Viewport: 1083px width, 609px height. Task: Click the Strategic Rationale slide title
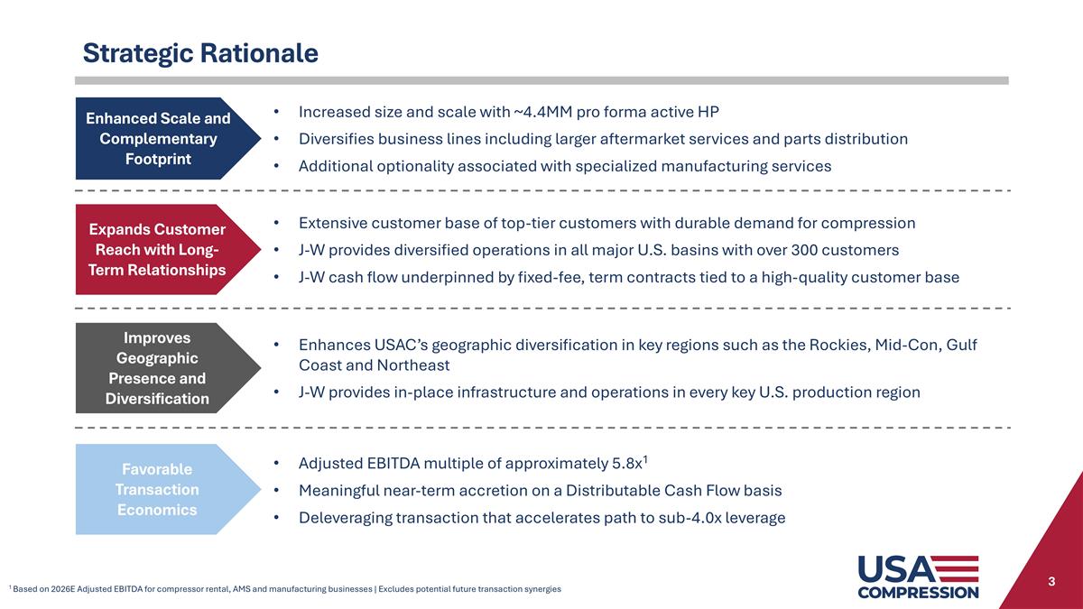[x=200, y=53]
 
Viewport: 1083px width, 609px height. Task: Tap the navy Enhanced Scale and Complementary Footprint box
[x=153, y=138]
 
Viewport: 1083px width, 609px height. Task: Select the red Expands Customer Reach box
[x=153, y=249]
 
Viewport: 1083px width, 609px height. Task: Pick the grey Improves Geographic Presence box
[x=153, y=367]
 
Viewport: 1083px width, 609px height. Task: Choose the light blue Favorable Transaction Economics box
[x=153, y=489]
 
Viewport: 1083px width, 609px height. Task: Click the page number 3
[x=1051, y=582]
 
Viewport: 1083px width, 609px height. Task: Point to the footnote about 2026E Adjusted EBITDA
[x=285, y=589]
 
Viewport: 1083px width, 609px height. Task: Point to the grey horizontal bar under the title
[x=541, y=80]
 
